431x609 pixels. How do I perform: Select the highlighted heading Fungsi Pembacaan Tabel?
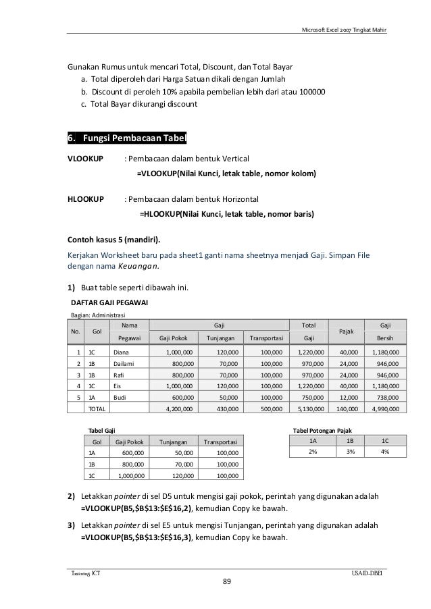pyautogui.click(x=126, y=139)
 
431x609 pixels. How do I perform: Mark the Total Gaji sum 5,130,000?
pyautogui.click(x=310, y=409)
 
